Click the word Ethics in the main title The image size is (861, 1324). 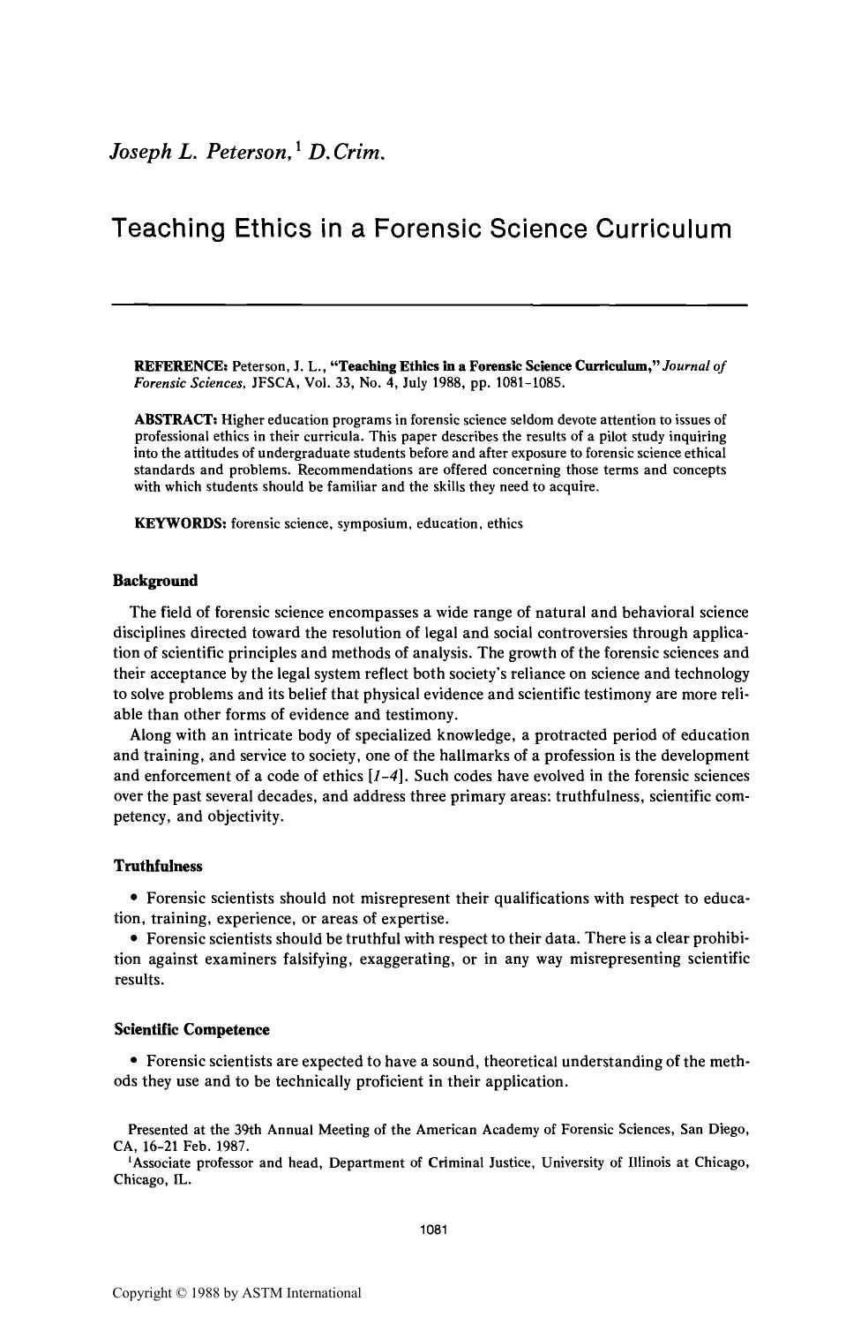click(266, 229)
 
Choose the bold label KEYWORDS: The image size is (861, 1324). click(180, 523)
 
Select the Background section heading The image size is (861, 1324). click(156, 581)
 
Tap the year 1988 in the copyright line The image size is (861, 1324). click(206, 1294)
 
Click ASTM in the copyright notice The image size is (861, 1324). click(264, 1294)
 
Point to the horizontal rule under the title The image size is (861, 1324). click(430, 305)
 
